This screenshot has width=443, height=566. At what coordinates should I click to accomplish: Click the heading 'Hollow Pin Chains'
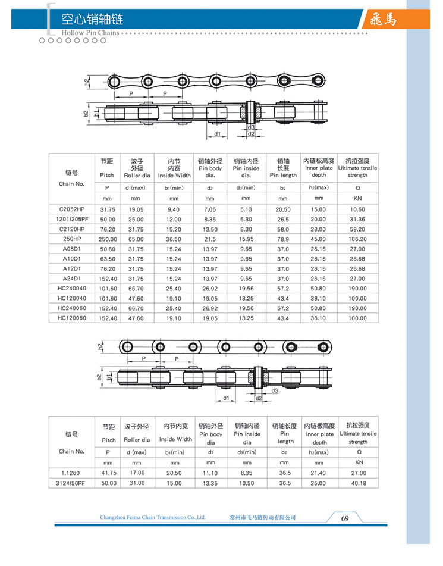[x=89, y=33]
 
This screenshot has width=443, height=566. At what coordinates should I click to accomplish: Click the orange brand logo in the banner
[x=382, y=20]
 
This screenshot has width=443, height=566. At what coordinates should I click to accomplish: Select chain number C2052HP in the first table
[x=72, y=209]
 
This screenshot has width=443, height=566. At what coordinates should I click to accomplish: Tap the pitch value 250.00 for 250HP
[x=107, y=239]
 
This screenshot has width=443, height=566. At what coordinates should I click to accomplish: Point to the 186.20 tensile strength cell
[x=357, y=239]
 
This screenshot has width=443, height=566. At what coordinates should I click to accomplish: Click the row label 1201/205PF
[x=72, y=219]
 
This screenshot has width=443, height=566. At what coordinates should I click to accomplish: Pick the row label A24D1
[x=72, y=278]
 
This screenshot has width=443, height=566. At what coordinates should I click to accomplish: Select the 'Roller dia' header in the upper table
[x=137, y=176]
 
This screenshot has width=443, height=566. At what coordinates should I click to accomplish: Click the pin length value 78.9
[x=282, y=239]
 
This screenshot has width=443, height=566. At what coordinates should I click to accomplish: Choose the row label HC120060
[x=72, y=318]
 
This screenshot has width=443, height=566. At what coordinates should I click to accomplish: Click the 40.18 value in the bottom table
[x=357, y=483]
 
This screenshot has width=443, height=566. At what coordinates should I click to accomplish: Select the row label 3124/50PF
[x=71, y=483]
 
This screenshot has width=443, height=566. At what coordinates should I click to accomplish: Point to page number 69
[x=345, y=518]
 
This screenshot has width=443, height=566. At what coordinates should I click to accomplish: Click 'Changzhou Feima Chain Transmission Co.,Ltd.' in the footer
[x=153, y=518]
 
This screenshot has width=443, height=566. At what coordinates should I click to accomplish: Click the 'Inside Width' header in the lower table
[x=175, y=439]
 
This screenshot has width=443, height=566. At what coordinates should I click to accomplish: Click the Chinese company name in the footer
[x=262, y=518]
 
